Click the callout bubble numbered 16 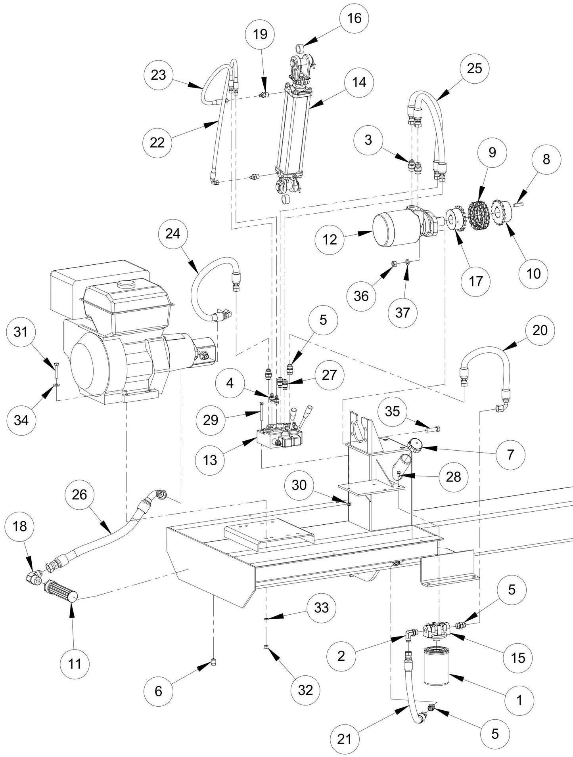point(354,18)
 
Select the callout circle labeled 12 point(330,240)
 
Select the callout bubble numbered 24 point(173,234)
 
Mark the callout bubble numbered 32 point(305,690)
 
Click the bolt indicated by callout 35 point(433,429)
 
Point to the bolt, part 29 point(261,412)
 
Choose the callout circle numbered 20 point(540,330)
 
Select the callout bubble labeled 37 point(402,312)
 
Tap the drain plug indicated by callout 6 point(214,661)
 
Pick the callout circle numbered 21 point(345,739)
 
